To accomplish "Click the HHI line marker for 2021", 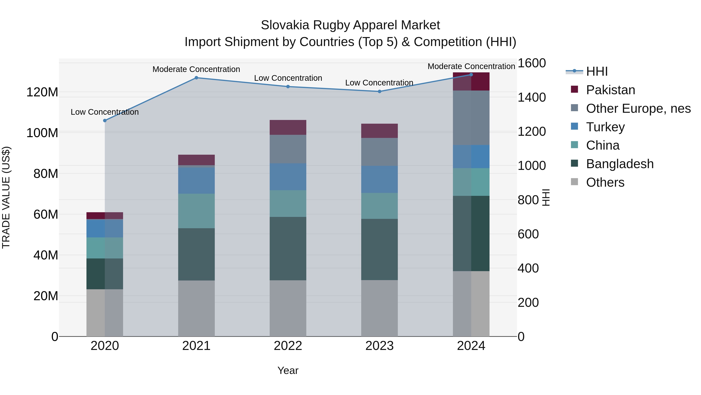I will click(x=196, y=78).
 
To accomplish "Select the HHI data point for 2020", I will click(x=105, y=121).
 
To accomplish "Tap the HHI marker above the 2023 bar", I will click(x=380, y=91).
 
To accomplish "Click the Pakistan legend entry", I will click(x=610, y=90).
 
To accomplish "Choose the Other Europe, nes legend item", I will click(x=638, y=108).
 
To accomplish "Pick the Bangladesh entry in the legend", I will click(x=620, y=164).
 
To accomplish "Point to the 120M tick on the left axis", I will click(x=42, y=92).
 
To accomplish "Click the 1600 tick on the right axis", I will click(x=531, y=63).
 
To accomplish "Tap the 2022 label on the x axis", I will click(x=288, y=346).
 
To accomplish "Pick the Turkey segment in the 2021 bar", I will click(x=196, y=180).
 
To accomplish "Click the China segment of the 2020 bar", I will click(x=105, y=248).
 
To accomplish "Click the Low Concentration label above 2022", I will click(x=288, y=78).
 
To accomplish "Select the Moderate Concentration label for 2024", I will click(x=471, y=66).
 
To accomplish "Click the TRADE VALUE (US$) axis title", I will click(x=6, y=197).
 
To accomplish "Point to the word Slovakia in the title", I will click(x=285, y=25).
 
